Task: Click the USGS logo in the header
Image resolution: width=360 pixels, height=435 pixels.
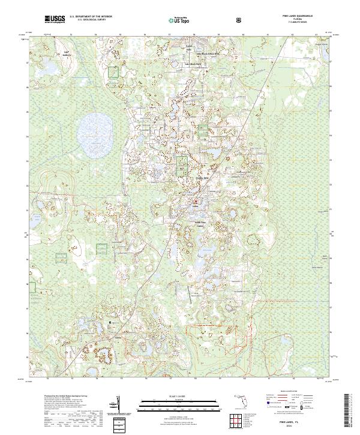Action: (x=54, y=20)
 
